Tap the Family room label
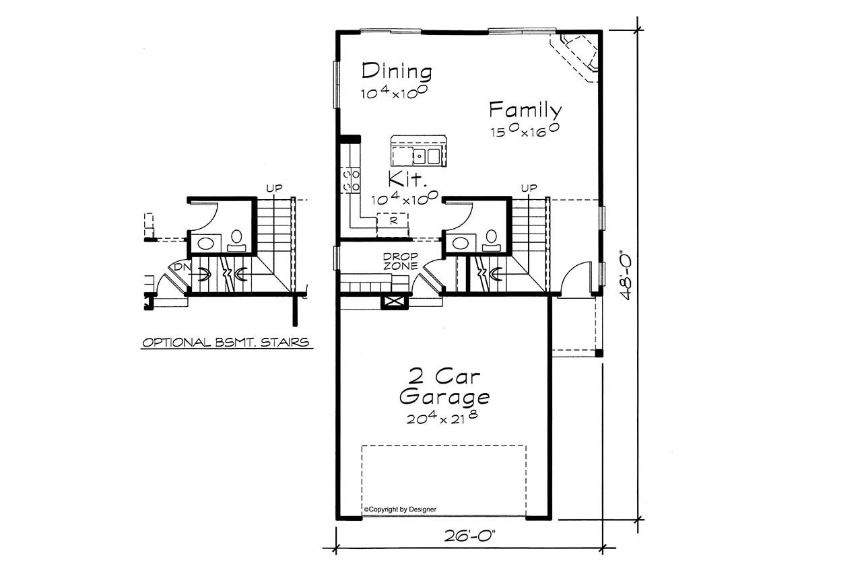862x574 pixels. tap(525, 110)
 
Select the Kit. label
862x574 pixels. tap(408, 180)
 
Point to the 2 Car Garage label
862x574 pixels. tap(444, 385)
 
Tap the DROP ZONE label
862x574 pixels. tap(401, 261)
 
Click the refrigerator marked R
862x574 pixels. tap(391, 220)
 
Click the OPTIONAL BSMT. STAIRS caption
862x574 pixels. tap(226, 343)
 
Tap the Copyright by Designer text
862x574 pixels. tap(400, 509)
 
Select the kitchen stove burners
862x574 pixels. tap(351, 180)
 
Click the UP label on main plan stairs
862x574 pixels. tap(529, 188)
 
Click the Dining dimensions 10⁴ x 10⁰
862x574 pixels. tap(396, 93)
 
